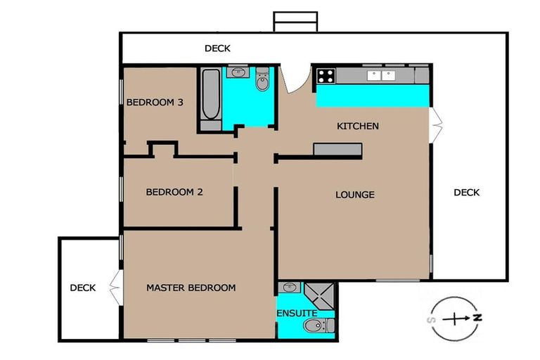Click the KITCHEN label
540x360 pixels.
[x=358, y=127]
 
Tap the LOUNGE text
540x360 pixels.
[x=354, y=195]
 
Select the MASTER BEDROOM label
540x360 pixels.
[x=191, y=288]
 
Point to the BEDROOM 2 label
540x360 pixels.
[x=174, y=192]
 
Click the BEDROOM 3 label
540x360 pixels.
[x=155, y=103]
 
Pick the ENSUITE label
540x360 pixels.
[x=296, y=312]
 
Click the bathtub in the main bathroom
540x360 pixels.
[x=210, y=98]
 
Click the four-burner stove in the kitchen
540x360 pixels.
[x=326, y=76]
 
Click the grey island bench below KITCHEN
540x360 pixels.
[x=337, y=149]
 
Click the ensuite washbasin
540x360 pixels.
[x=290, y=287]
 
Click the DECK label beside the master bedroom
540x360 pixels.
[x=82, y=288]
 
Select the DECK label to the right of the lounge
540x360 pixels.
[x=466, y=192]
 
